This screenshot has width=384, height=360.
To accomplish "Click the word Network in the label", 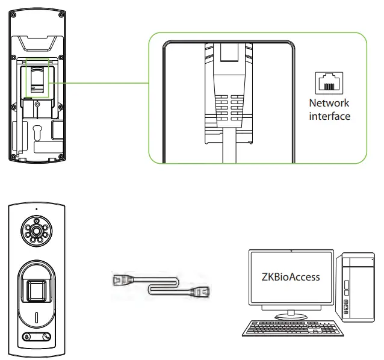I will pyautogui.click(x=329, y=104).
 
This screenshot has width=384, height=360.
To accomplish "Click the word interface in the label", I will pyautogui.click(x=329, y=116).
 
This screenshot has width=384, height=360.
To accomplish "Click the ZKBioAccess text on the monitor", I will pyautogui.click(x=291, y=277).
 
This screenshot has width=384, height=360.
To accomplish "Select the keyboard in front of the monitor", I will pyautogui.click(x=283, y=329).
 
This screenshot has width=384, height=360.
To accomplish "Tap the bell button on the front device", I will pyautogui.click(x=26, y=337).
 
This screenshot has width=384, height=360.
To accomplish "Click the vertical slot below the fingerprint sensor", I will pyautogui.click(x=36, y=317).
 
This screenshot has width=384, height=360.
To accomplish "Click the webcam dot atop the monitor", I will pyautogui.click(x=291, y=249).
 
